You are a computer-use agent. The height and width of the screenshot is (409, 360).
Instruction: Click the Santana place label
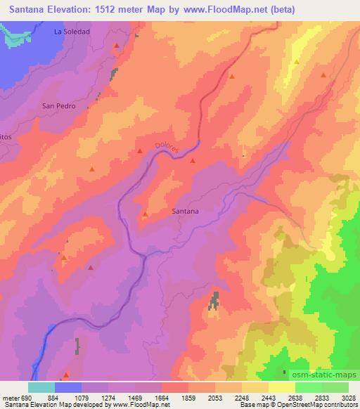[x=185, y=210]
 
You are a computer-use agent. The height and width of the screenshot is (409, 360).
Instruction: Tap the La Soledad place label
[x=72, y=32]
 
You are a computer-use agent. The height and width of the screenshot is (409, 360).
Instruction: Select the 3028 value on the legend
[x=348, y=397]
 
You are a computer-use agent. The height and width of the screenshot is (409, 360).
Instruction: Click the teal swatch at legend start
[x=41, y=387]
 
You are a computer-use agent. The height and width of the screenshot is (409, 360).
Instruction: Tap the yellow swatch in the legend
[x=282, y=387]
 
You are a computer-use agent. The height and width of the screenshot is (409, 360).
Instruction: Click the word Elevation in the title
[x=75, y=9]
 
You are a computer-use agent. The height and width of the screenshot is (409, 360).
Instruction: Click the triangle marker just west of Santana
[x=146, y=214]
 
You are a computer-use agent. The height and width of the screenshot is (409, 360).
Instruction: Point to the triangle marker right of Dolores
[x=193, y=162]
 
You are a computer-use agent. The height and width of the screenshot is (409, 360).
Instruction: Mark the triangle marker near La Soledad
[x=117, y=46]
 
